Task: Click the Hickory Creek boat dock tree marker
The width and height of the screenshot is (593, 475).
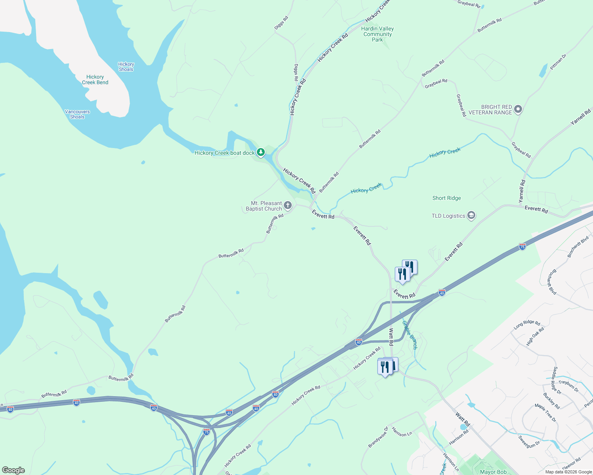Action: pyautogui.click(x=260, y=152)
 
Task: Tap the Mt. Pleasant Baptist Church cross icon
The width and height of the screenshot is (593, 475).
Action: pyautogui.click(x=288, y=205)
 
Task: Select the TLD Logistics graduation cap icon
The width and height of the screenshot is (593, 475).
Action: pyautogui.click(x=471, y=215)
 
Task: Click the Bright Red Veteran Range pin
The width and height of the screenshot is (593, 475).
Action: pyautogui.click(x=518, y=110)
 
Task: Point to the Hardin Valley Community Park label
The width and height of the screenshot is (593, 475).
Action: pyautogui.click(x=377, y=34)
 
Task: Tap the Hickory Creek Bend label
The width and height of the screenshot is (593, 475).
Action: pyautogui.click(x=95, y=80)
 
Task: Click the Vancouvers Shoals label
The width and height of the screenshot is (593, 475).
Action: pyautogui.click(x=77, y=114)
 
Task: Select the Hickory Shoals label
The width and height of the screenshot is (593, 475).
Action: pyautogui.click(x=126, y=66)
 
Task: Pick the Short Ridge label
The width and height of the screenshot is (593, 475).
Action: pyautogui.click(x=447, y=198)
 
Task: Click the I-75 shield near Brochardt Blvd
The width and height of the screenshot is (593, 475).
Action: pyautogui.click(x=522, y=247)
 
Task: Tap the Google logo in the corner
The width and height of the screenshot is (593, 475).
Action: pyautogui.click(x=13, y=470)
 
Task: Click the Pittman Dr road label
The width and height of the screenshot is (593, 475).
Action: pyautogui.click(x=558, y=62)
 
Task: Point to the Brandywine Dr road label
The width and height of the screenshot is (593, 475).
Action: pyautogui.click(x=378, y=437)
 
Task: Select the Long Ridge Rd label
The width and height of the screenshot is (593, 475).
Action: pyautogui.click(x=527, y=325)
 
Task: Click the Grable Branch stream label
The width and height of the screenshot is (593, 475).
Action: pyautogui.click(x=410, y=335)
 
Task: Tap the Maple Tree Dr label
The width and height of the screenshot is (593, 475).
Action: pyautogui.click(x=545, y=412)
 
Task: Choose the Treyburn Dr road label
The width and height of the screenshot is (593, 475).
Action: pyautogui.click(x=568, y=386)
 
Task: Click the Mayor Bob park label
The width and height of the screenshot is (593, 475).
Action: pyautogui.click(x=493, y=472)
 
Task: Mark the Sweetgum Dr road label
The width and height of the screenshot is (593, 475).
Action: pyautogui.click(x=529, y=441)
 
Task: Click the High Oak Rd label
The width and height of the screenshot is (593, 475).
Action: pyautogui.click(x=535, y=336)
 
